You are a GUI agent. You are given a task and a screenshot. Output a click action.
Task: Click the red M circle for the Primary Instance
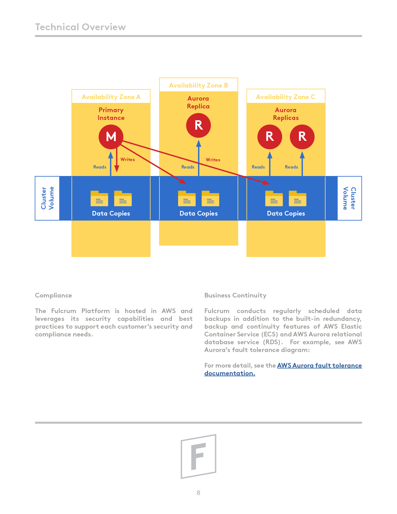pyautogui.click(x=111, y=137)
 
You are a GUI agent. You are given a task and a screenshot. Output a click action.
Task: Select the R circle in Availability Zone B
pyautogui.click(x=198, y=125)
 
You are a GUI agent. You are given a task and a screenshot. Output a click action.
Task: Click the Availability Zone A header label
pyautogui.click(x=111, y=97)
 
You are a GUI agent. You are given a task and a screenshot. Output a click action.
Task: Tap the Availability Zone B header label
pyautogui.click(x=198, y=85)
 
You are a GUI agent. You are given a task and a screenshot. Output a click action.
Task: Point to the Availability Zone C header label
pyautogui.click(x=286, y=97)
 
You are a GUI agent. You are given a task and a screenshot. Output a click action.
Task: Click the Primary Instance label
pyautogui.click(x=111, y=114)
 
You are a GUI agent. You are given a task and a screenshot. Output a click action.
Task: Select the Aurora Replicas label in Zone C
pyautogui.click(x=286, y=114)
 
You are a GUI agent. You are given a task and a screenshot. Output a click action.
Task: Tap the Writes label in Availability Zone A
pyautogui.click(x=128, y=159)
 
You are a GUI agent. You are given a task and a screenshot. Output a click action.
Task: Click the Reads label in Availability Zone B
pyautogui.click(x=188, y=167)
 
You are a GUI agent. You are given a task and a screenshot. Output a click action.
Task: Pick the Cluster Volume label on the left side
pyautogui.click(x=47, y=198)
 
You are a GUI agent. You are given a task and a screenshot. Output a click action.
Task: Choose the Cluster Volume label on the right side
pyautogui.click(x=349, y=198)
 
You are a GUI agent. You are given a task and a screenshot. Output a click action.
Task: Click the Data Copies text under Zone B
pyautogui.click(x=198, y=213)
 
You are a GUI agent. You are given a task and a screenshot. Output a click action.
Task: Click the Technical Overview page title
pyautogui.click(x=80, y=27)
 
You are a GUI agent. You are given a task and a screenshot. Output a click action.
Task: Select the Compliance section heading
pyautogui.click(x=54, y=295)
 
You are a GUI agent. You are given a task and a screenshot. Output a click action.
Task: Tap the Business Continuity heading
pyautogui.click(x=235, y=295)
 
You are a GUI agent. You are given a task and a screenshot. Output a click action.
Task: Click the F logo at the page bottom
pyautogui.click(x=198, y=456)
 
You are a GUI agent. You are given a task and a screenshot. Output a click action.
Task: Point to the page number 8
pyautogui.click(x=198, y=493)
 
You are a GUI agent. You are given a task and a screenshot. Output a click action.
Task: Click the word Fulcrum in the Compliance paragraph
pyautogui.click(x=64, y=311)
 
